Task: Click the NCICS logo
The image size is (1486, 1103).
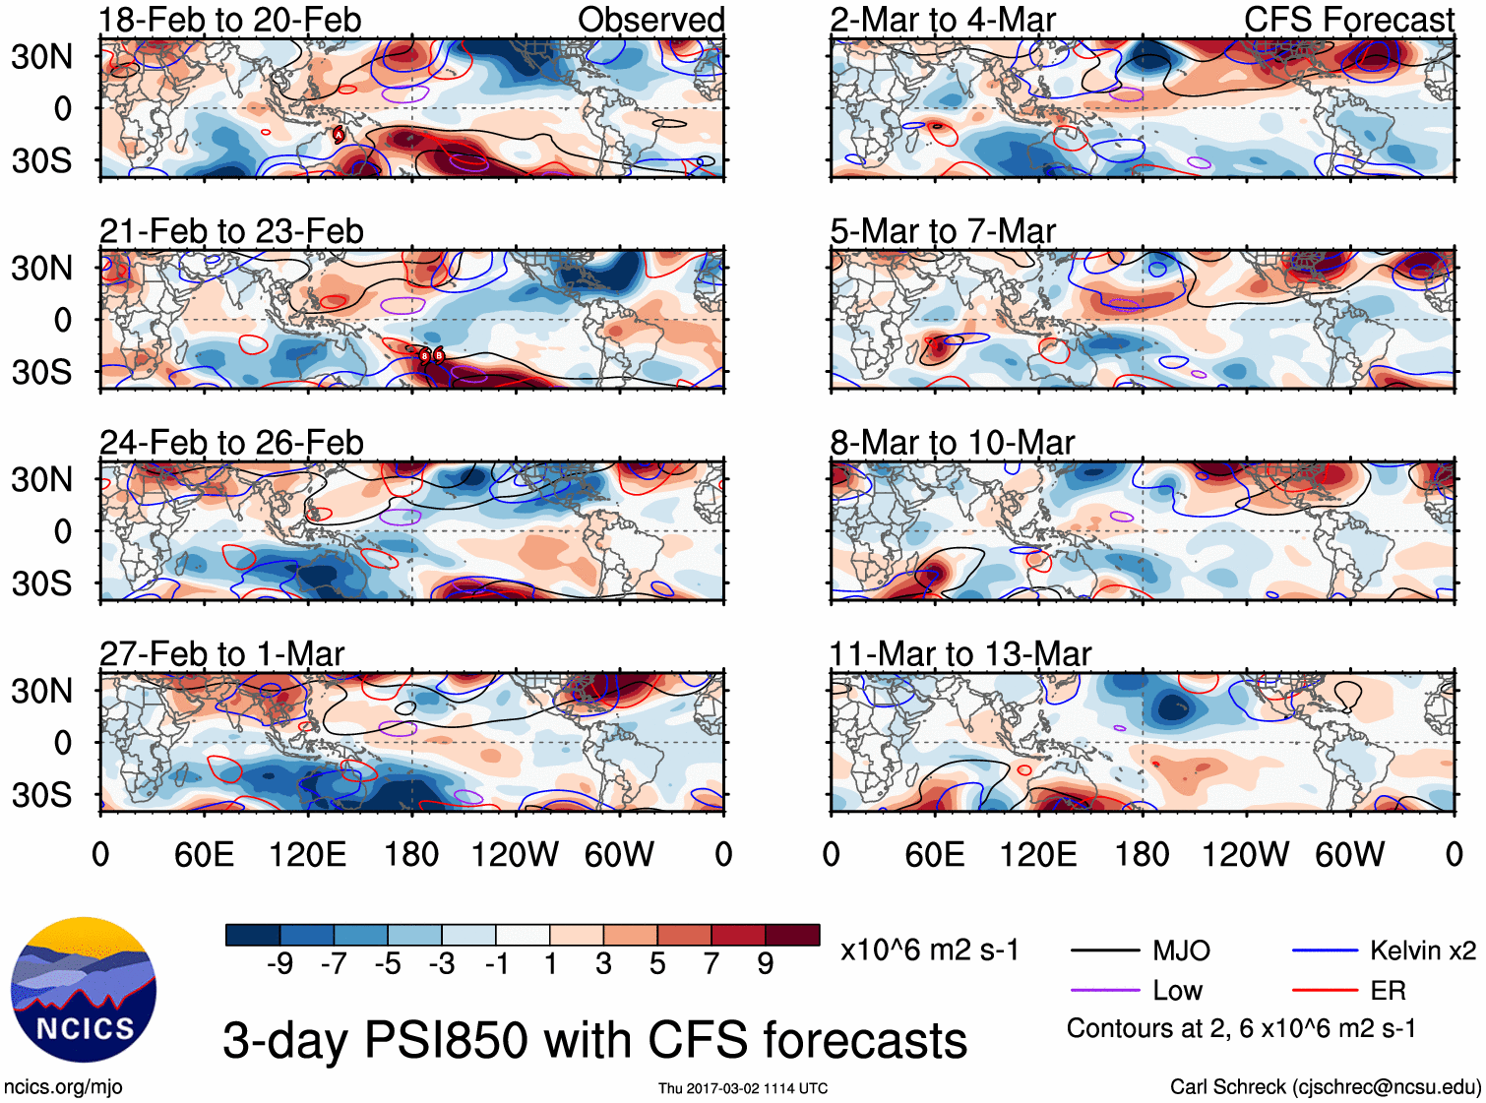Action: click(84, 990)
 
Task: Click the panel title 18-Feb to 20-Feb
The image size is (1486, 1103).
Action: click(230, 20)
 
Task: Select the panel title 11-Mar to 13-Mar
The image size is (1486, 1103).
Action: click(960, 654)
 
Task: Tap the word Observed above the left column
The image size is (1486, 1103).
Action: click(650, 20)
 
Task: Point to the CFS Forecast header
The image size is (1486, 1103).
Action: click(1348, 20)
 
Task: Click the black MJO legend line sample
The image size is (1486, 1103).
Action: click(1105, 950)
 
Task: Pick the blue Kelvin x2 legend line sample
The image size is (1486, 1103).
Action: click(1325, 950)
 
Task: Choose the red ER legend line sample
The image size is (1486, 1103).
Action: click(1325, 991)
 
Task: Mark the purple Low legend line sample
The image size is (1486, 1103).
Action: click(1105, 991)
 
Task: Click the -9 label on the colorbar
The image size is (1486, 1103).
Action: click(279, 964)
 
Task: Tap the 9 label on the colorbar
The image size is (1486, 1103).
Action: click(766, 964)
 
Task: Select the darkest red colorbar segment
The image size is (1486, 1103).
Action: click(792, 935)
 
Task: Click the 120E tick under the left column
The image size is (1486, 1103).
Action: click(307, 854)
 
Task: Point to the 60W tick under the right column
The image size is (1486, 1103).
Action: click(1349, 854)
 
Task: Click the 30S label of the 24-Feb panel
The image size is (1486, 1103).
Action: click(41, 583)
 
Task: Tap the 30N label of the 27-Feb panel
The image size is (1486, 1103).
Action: click(41, 691)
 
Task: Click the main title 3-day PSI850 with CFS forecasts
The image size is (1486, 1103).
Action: click(594, 1040)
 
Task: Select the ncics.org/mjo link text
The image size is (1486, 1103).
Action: click(63, 1086)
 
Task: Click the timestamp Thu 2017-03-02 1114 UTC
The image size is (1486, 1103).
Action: click(743, 1088)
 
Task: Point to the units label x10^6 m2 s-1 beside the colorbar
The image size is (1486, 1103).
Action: click(929, 950)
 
